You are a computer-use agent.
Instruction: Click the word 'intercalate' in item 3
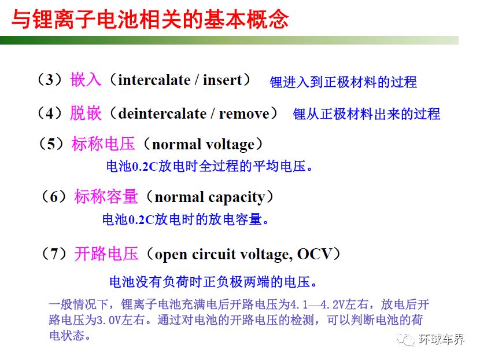click(x=154, y=80)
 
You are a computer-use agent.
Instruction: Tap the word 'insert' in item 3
click(x=223, y=80)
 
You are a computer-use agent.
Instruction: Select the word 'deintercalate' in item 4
click(x=163, y=113)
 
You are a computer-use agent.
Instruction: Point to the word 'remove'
click(x=244, y=114)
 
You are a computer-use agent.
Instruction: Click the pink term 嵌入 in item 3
click(x=86, y=80)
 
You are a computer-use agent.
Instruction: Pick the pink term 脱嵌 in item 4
click(x=86, y=113)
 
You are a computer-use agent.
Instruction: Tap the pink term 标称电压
click(x=103, y=144)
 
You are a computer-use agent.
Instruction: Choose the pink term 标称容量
click(x=106, y=196)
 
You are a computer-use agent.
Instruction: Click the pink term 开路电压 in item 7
click(x=106, y=254)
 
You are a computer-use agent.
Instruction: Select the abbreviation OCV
click(x=315, y=254)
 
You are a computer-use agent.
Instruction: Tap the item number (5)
click(x=51, y=144)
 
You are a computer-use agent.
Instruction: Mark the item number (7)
click(x=54, y=254)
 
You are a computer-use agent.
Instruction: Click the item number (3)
click(x=50, y=80)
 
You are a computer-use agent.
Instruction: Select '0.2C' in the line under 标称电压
click(x=145, y=166)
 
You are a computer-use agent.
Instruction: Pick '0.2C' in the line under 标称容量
click(x=141, y=220)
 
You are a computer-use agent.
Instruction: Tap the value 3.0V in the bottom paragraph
click(x=109, y=321)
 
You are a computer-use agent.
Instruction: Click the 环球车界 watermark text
click(x=441, y=339)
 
